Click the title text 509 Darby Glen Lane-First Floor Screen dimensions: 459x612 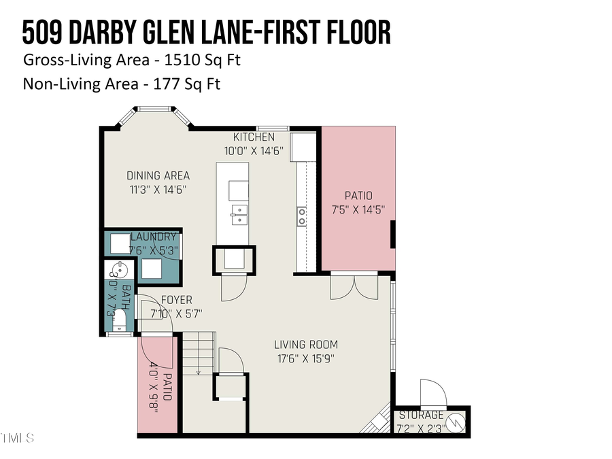[207, 33]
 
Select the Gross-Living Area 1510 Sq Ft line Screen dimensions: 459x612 [132, 60]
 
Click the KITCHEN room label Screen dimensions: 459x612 [254, 137]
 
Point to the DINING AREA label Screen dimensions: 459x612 [158, 175]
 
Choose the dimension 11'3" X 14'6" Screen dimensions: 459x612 [157, 190]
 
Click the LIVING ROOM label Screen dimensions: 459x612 [305, 344]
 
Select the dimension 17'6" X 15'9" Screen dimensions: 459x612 [305, 358]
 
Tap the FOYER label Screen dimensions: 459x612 [175, 300]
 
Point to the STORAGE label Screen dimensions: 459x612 [421, 415]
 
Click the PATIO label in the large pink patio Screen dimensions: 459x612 [358, 196]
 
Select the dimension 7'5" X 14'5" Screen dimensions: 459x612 [358, 209]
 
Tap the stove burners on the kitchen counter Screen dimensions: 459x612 [301, 216]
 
